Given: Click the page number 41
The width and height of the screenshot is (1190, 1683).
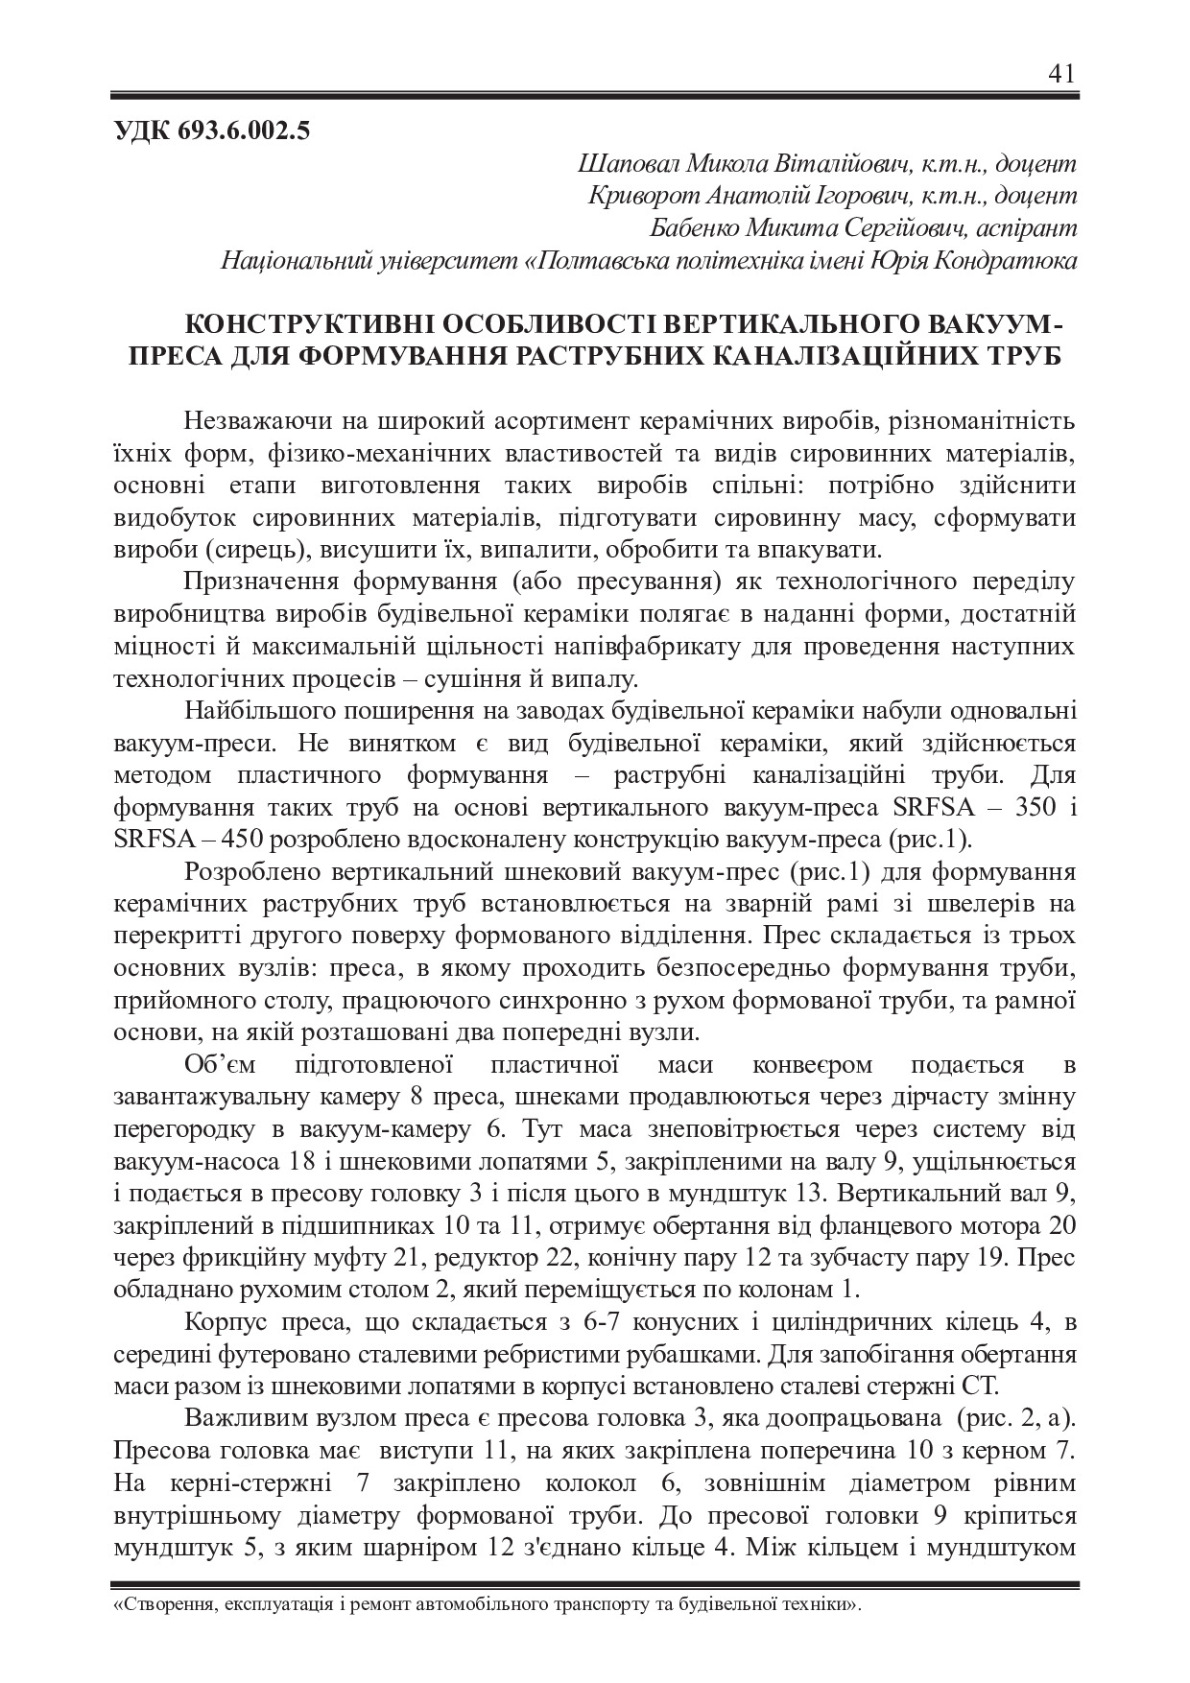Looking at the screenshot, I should click(x=1062, y=74).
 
